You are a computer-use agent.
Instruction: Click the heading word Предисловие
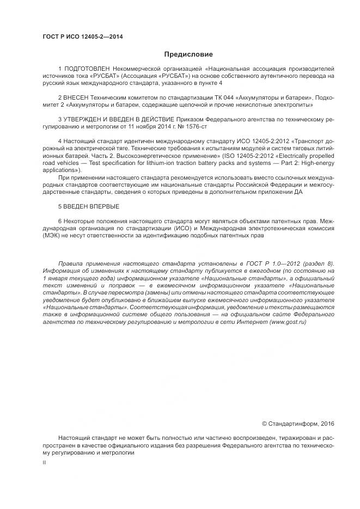[188, 54]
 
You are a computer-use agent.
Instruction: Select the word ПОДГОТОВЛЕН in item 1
[91, 70]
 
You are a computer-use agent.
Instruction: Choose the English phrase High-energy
[316, 163]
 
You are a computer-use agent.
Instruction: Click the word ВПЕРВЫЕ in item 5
[102, 207]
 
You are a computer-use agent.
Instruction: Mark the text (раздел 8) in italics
[318, 263]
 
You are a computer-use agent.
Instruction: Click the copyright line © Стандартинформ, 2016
[298, 424]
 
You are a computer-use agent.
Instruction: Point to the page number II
[44, 462]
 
